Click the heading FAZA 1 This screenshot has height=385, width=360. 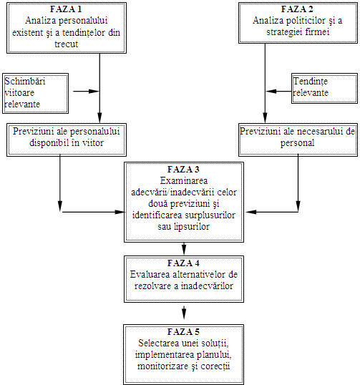[x=66, y=9]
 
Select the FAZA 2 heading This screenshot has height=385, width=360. [x=297, y=9]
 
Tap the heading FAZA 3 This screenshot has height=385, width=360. [x=183, y=169]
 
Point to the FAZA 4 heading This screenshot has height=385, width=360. [x=183, y=263]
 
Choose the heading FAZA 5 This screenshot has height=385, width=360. [x=183, y=332]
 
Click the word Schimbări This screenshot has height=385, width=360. [x=25, y=81]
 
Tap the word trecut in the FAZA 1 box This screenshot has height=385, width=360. [x=67, y=44]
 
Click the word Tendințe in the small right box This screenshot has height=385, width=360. [x=311, y=82]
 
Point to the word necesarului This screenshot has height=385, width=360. [x=320, y=132]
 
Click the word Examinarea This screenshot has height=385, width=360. [x=184, y=180]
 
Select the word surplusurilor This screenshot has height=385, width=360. [x=210, y=215]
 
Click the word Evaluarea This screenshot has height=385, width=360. [x=150, y=274]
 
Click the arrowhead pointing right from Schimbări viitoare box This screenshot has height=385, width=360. [x=94, y=92]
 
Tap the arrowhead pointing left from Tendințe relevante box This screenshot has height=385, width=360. [x=271, y=92]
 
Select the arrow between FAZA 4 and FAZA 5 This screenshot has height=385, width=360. [x=184, y=312]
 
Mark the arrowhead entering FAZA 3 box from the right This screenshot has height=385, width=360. [x=250, y=212]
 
